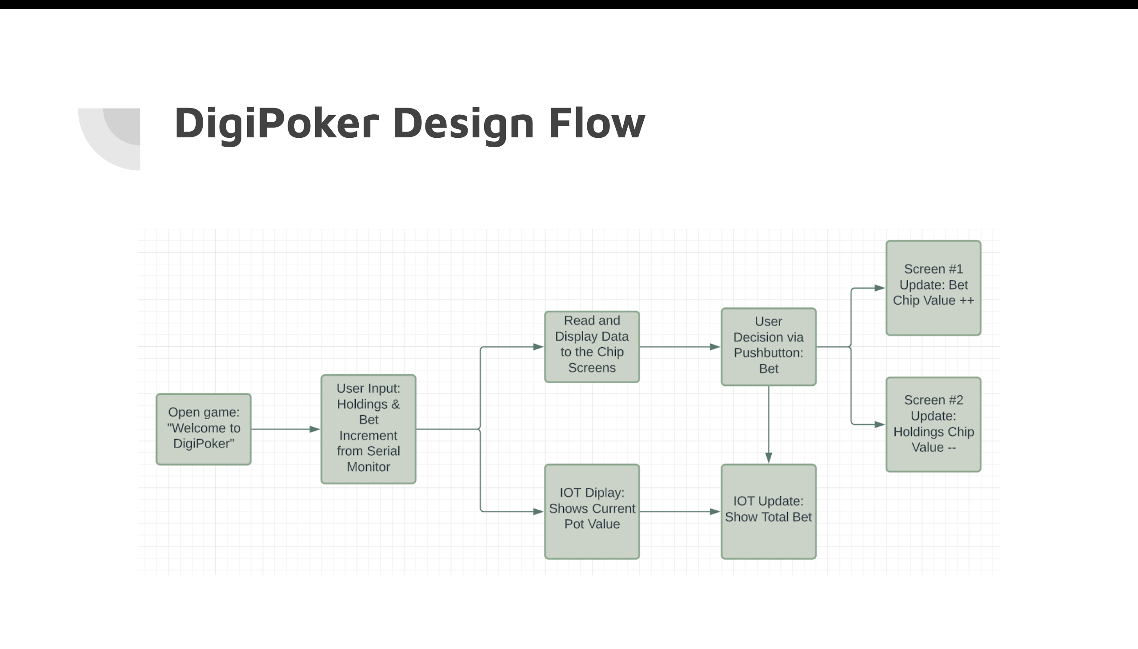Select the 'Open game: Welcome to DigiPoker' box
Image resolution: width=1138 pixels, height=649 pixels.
tap(204, 429)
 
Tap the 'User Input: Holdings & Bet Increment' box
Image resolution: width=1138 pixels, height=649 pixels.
tap(368, 429)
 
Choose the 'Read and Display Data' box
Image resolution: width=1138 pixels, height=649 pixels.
tap(592, 346)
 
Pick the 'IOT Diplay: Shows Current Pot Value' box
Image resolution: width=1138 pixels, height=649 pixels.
tap(592, 511)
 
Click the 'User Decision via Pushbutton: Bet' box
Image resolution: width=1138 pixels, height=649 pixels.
tap(769, 346)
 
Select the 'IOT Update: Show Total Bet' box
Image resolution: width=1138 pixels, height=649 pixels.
tap(769, 511)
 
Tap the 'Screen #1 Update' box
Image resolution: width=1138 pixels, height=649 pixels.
tap(933, 288)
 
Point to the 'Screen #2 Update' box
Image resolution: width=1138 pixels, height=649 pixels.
tap(933, 424)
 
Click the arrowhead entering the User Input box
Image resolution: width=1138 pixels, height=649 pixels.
tap(315, 429)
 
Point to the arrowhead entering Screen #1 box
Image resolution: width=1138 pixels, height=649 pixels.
tap(879, 288)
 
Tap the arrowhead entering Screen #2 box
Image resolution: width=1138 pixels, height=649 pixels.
tap(879, 425)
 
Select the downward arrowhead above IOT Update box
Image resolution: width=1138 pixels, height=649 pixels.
tap(769, 458)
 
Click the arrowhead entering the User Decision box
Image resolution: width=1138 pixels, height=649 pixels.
tap(715, 347)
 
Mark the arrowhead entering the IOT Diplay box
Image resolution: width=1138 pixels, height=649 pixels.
tap(538, 512)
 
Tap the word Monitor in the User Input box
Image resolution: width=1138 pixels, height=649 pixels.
tap(368, 467)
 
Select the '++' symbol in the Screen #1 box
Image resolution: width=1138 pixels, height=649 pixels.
tap(966, 300)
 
